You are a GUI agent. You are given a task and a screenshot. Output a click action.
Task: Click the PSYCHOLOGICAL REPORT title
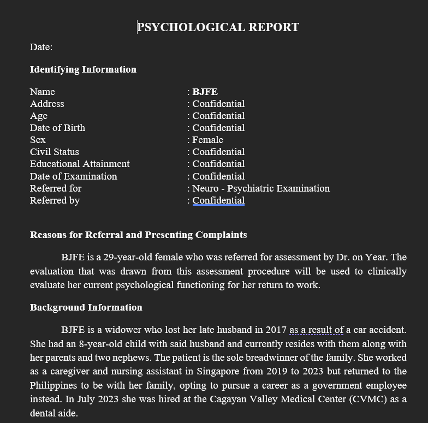[218, 27]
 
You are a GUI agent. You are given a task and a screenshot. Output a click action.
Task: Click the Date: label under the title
[41, 47]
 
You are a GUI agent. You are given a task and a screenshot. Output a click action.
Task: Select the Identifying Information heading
[83, 69]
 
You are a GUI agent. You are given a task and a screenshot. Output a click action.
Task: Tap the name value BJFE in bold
[205, 92]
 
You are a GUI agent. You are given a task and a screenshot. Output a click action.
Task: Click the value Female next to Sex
[207, 140]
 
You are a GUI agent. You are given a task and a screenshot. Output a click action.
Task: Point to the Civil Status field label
[55, 152]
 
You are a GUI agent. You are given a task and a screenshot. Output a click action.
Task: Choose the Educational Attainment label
[80, 164]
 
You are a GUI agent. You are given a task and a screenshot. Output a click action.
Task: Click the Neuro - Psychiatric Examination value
[261, 188]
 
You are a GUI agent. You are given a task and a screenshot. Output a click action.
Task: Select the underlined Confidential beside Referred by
[218, 200]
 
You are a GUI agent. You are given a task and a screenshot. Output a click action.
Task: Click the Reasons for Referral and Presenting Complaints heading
[138, 235]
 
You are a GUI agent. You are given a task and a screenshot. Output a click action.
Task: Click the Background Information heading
[86, 307]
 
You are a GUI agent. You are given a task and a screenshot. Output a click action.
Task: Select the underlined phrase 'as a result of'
[317, 330]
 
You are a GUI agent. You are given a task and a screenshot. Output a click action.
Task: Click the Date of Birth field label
[57, 128]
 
